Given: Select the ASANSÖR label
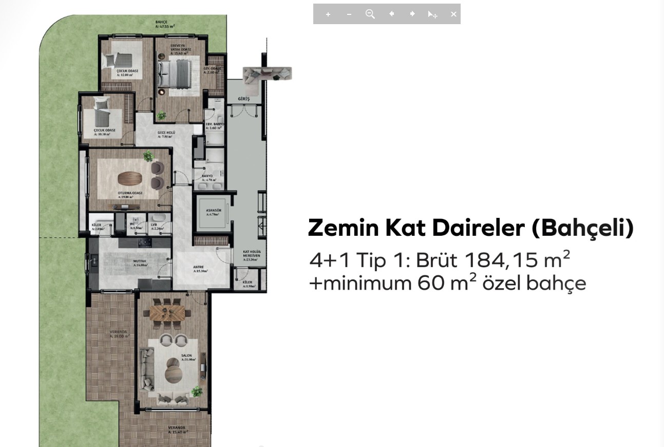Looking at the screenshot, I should coord(214,212).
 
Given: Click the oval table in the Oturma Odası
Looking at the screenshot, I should coord(129,178).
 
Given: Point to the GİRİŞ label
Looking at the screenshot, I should coord(244,99).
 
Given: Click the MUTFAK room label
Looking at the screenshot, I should coord(140,263).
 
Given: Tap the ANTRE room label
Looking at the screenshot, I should coord(199,268).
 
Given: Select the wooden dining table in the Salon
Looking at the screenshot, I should coord(166,312).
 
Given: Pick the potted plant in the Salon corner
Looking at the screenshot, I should coord(197,392).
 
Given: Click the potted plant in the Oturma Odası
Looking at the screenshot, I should coord(148,156).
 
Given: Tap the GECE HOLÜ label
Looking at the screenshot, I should coord(166,134).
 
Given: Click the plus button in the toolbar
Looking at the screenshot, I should coord(328,14).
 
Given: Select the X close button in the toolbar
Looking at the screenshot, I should coord(453,14).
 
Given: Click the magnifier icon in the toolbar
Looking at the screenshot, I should coord(370,14).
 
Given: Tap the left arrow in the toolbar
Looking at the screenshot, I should coord(391,14).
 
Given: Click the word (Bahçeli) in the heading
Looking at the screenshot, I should coord(582,228).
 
